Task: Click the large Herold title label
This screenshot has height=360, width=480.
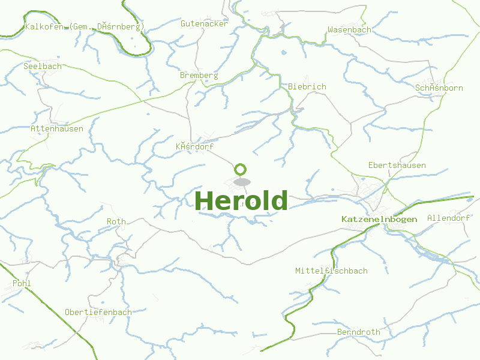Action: tap(242, 200)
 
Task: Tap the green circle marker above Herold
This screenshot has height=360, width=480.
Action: tap(241, 169)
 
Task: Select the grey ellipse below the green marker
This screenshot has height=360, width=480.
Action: tap(241, 182)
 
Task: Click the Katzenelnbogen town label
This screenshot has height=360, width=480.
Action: tap(379, 219)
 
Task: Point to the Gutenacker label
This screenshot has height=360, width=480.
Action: tap(205, 23)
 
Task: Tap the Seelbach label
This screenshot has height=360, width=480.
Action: tap(43, 66)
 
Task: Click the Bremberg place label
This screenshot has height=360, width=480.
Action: tap(199, 76)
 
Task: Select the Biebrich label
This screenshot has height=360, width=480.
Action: tap(307, 86)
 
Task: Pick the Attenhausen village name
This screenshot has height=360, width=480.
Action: tap(57, 128)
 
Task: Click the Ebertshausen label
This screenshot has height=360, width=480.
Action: tap(397, 165)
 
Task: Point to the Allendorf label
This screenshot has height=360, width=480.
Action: tap(448, 218)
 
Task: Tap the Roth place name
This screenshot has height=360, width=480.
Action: tap(116, 221)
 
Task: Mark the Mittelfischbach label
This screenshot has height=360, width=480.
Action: tap(331, 271)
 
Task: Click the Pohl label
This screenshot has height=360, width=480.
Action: tap(22, 283)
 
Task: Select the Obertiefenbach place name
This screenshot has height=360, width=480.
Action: tap(98, 312)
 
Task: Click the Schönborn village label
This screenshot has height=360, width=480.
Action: tap(439, 88)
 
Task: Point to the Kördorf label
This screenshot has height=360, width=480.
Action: tap(194, 146)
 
